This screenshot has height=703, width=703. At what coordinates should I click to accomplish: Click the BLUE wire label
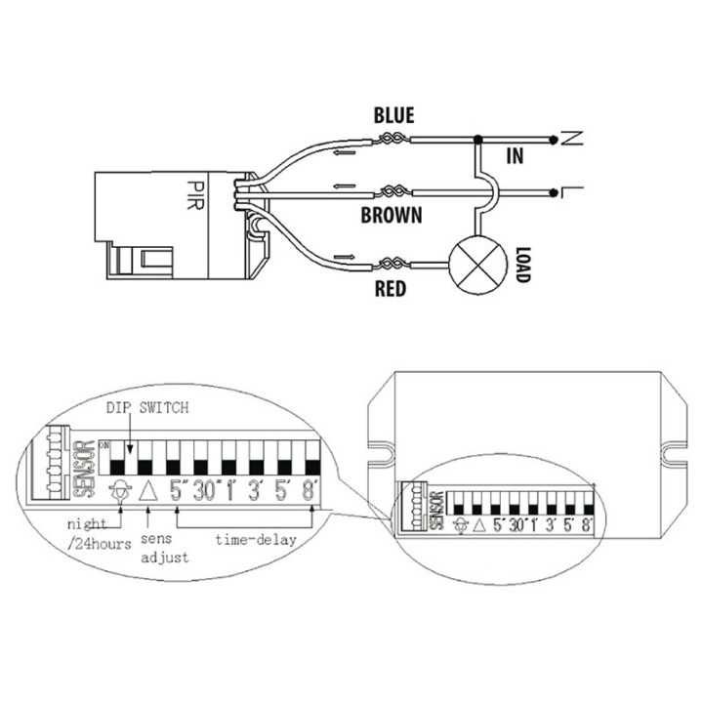coord(394,115)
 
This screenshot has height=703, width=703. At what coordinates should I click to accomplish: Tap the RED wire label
coord(391,289)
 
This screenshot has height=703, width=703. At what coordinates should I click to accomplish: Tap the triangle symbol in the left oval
coord(148,492)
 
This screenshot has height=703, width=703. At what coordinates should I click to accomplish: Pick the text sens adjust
coord(165,548)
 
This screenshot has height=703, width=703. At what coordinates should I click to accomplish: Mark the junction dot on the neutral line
coord(477,140)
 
